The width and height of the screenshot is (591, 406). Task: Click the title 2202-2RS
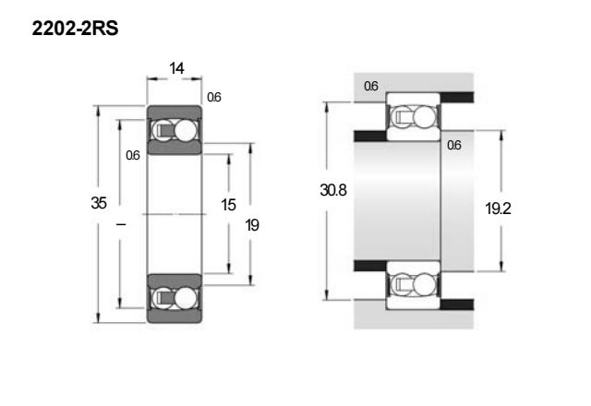75,29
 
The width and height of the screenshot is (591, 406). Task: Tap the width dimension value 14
176,68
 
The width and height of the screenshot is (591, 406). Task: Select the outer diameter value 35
99,203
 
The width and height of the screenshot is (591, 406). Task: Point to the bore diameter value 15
228,205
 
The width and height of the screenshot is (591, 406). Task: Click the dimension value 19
252,225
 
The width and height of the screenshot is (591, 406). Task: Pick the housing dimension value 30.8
333,190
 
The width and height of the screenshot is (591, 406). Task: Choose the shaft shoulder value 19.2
498,209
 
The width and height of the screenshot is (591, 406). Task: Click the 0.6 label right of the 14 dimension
213,97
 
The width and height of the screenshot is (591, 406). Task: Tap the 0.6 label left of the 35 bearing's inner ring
133,155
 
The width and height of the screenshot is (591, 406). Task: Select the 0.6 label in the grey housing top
371,86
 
